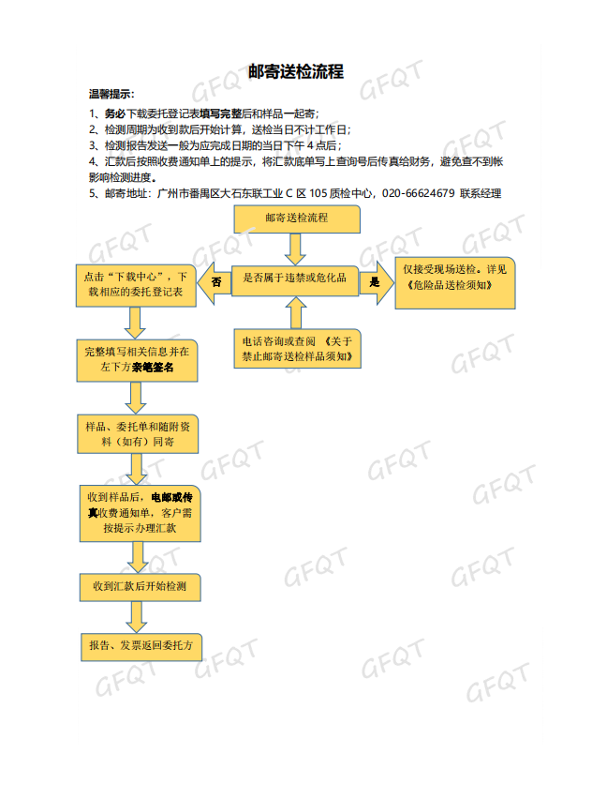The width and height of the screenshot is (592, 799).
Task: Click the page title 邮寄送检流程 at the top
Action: coord(296,71)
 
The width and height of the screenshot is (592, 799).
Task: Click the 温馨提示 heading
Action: coord(110,94)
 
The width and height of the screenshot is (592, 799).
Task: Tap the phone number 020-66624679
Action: coord(418,193)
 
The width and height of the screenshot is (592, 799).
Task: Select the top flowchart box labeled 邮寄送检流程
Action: coord(297,219)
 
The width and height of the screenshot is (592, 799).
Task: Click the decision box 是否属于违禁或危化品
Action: coord(295,280)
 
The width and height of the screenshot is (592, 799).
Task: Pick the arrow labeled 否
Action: coord(214,282)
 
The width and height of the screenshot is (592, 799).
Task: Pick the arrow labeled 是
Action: coord(377,282)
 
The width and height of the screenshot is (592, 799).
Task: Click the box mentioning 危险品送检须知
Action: coord(455,283)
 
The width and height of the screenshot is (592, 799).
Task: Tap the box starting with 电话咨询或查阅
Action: coord(297,349)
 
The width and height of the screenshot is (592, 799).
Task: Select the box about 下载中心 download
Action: coord(136,285)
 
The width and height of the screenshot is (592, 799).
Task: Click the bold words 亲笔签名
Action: coord(153,367)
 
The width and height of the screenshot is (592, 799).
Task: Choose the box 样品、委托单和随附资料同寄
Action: coord(138,434)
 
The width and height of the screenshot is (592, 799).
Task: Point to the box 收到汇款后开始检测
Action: coord(140,587)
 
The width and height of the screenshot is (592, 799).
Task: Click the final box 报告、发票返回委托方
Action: coord(141,647)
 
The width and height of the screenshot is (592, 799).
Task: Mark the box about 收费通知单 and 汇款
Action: coord(140,513)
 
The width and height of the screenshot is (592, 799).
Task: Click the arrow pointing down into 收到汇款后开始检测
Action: coord(138,557)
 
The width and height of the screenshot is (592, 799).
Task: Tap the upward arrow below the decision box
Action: coord(296,313)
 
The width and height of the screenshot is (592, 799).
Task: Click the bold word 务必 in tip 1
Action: coord(115,113)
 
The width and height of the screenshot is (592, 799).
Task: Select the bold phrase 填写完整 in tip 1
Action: coord(220,113)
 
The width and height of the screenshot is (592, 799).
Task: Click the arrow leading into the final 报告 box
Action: coord(137,617)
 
